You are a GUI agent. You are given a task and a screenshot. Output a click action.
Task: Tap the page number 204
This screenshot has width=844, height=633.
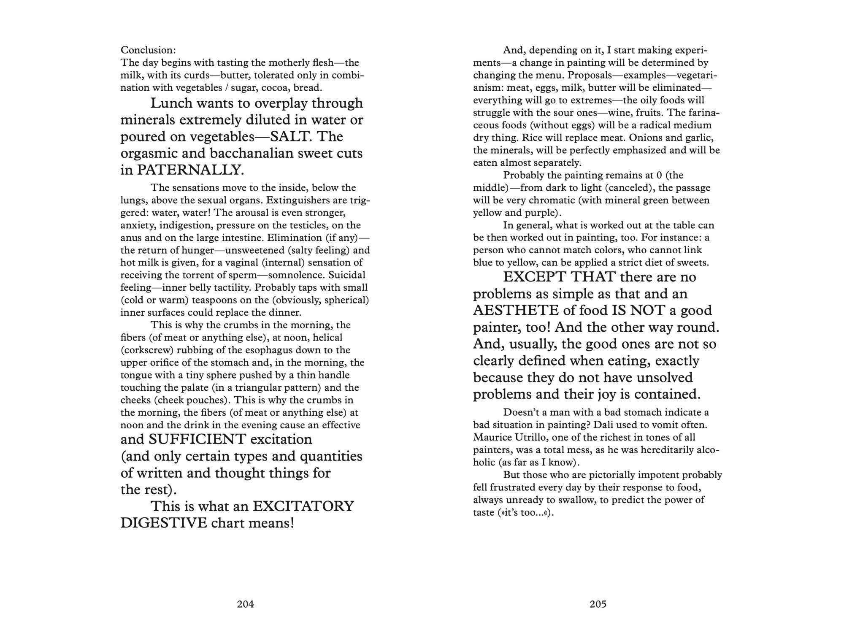coord(245,604)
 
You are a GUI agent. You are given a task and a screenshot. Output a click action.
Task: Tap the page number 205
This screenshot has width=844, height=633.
coord(598,604)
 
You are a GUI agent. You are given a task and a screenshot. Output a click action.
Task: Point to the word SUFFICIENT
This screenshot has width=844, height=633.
coord(197,439)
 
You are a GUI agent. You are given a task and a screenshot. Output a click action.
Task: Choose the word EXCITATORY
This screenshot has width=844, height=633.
coord(303,506)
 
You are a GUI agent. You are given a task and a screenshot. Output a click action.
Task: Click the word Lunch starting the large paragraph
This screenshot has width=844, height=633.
coord(171,103)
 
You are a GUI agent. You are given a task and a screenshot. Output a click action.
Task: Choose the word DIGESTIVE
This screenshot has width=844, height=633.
coord(164,523)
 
